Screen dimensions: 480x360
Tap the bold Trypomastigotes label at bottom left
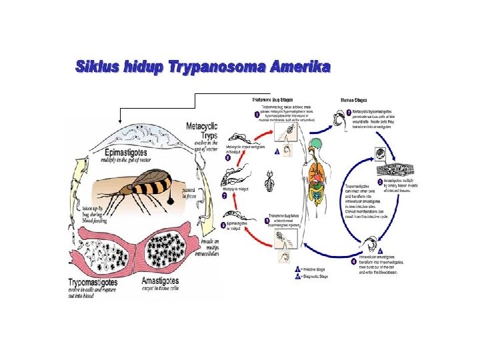pyautogui.click(x=99, y=283)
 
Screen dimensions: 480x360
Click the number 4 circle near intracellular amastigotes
pyautogui.click(x=354, y=261)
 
